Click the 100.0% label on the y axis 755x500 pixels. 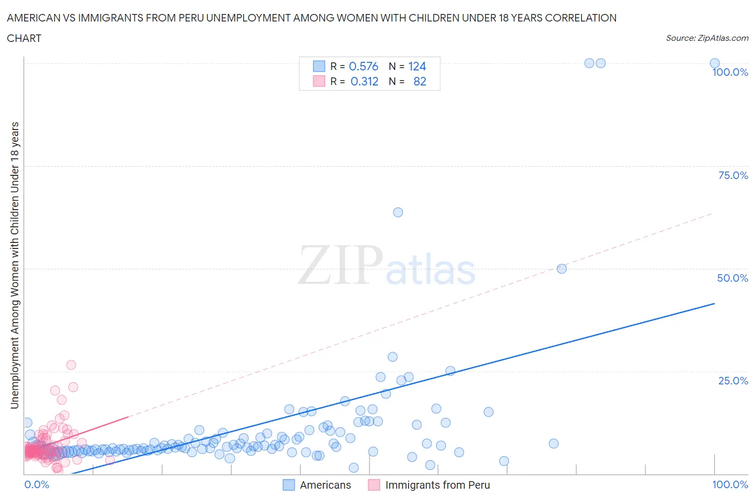click(x=730, y=73)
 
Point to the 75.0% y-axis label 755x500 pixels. click(x=733, y=175)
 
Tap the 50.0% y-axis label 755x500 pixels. click(x=732, y=278)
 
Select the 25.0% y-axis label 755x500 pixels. click(x=733, y=381)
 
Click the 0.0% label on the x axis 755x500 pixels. click(x=37, y=484)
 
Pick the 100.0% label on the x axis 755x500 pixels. click(x=730, y=484)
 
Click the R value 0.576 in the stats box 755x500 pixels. click(x=364, y=66)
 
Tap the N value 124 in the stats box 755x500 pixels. click(x=417, y=66)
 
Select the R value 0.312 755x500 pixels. click(x=364, y=81)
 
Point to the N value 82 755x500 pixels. click(x=419, y=81)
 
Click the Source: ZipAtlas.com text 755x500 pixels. click(x=707, y=38)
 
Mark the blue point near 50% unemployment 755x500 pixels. click(x=562, y=269)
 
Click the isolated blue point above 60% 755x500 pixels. click(x=398, y=212)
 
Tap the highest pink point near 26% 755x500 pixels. click(x=71, y=365)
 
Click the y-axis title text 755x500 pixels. click(x=14, y=265)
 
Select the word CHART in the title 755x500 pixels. click(x=24, y=38)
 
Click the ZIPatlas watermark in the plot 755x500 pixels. click(x=387, y=265)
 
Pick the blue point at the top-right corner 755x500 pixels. click(x=715, y=63)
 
